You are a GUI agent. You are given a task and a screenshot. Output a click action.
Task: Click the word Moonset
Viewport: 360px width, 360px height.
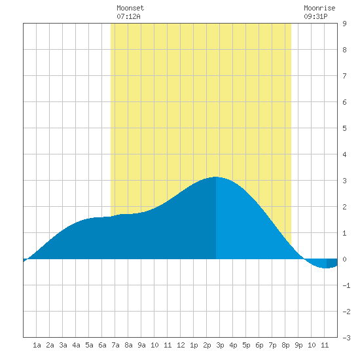coord(130,8)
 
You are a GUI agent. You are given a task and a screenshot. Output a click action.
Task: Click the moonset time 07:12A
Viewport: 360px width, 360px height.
coord(128,16)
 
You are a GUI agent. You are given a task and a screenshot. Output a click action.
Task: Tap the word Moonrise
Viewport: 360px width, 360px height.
coord(319,8)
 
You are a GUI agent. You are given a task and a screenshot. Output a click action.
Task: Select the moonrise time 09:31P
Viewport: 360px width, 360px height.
coord(315,16)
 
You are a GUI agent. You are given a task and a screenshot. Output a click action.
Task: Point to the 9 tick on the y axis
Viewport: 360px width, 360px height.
coord(344,24)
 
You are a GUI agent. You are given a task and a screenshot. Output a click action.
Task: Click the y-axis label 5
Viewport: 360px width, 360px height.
coord(344,128)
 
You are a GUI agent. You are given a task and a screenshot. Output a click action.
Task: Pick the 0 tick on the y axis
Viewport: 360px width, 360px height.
coord(344,259)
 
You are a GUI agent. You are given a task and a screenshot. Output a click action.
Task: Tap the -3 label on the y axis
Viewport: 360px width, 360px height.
coord(346,338)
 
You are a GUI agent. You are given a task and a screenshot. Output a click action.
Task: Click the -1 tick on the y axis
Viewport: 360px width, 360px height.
coord(346,285)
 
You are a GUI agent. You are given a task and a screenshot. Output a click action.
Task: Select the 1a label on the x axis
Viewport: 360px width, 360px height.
coord(37,345)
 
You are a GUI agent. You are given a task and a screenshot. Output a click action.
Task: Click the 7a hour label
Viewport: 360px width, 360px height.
coord(115,345)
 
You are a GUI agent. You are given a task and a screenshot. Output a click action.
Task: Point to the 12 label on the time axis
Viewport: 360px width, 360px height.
coord(181,345)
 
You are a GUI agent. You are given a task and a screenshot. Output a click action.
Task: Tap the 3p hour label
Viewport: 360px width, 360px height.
coord(220,345)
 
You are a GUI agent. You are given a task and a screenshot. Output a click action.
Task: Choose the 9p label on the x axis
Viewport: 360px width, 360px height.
coord(298,345)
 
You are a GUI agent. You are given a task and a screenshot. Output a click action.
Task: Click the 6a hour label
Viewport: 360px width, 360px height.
coord(102,345)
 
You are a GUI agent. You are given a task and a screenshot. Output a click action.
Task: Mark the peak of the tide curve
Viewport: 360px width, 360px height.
coord(216,177)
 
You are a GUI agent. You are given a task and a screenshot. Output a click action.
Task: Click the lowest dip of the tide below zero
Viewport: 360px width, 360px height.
coord(326,268)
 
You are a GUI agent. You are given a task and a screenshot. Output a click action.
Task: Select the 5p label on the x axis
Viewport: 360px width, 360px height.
coord(246,345)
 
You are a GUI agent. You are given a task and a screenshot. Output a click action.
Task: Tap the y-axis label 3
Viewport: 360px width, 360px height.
coord(344,181)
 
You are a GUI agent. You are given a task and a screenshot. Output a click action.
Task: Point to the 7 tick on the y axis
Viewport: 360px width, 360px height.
coord(344,76)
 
